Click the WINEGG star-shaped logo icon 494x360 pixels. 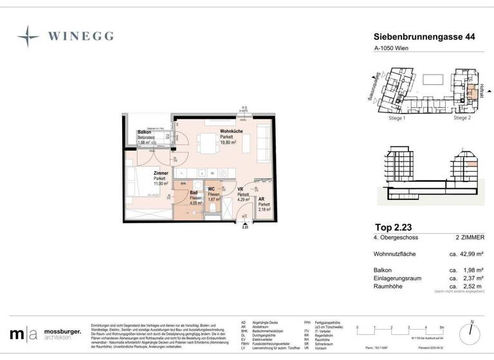click(28, 37)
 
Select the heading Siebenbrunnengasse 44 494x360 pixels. click(425, 38)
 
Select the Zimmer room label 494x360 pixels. click(160, 173)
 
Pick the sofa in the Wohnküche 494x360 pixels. click(264, 141)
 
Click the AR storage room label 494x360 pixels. click(261, 199)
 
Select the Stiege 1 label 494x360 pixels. click(396, 118)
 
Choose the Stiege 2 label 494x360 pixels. click(462, 118)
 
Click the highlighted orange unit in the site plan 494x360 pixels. click(473, 91)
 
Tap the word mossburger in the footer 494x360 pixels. click(62, 332)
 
